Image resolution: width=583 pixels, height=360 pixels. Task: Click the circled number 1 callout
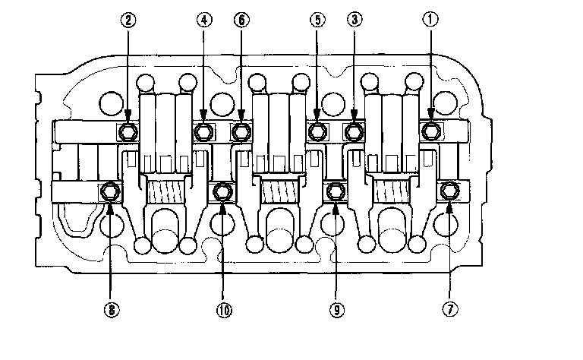tap(431, 21)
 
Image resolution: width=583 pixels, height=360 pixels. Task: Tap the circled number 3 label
tap(353, 21)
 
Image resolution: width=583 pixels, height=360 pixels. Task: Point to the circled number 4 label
tap(203, 21)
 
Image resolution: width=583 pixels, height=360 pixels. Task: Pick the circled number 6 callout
tap(241, 21)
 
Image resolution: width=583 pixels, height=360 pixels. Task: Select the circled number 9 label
tap(334, 310)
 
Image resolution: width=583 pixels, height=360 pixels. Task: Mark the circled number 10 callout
tap(223, 310)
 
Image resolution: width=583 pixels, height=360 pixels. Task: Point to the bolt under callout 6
tap(241, 132)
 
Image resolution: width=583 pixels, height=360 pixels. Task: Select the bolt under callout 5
tap(317, 132)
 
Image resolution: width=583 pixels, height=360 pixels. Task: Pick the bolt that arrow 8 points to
tap(111, 191)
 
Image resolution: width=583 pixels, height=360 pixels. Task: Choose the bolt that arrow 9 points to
tap(334, 191)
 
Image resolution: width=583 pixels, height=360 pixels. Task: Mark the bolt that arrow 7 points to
tap(449, 191)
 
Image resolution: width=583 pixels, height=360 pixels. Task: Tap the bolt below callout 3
tap(353, 132)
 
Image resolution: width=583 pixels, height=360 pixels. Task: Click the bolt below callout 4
tap(203, 132)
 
